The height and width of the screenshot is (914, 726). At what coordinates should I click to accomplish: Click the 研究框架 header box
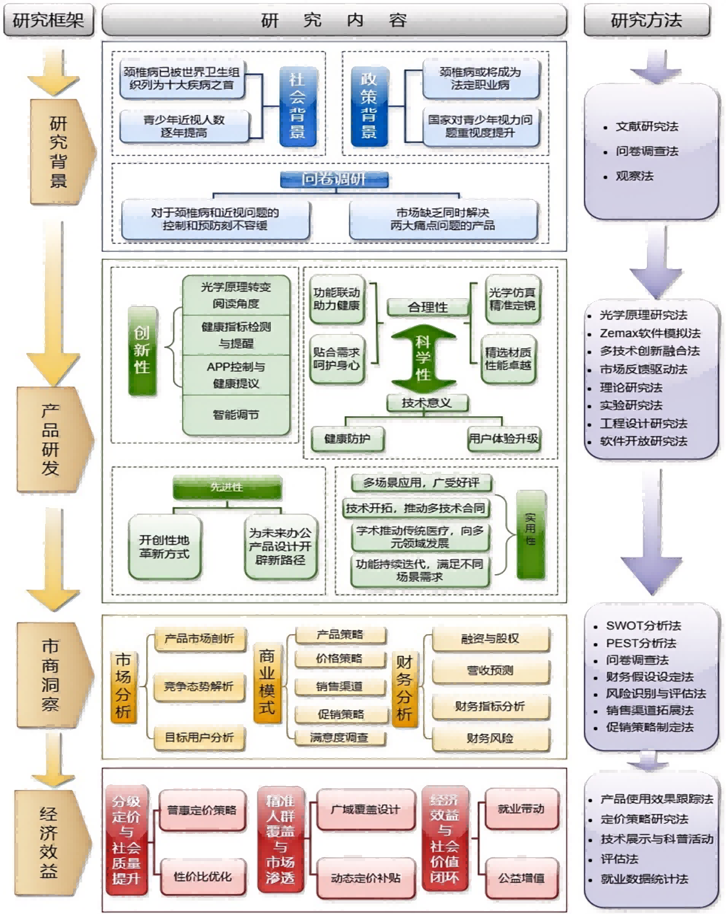48,21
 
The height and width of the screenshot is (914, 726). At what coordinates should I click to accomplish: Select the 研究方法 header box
646,21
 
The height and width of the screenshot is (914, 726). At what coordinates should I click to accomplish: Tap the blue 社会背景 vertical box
298,106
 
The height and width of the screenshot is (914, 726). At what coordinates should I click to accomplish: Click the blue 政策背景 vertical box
369,106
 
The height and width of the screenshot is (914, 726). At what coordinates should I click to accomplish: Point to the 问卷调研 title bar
334,179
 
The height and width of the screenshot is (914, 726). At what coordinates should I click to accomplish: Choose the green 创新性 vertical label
142,351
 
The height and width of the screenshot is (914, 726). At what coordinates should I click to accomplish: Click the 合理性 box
427,307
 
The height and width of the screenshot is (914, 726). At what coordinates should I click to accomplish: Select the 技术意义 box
427,403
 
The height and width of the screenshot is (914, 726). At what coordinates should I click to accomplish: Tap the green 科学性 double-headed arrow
424,358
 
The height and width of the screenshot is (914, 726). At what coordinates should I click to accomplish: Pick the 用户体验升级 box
503,439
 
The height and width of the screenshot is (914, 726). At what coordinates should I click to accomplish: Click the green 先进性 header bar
227,487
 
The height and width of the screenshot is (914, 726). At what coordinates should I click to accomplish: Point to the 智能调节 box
236,415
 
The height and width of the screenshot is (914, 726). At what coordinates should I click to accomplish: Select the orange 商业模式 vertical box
267,682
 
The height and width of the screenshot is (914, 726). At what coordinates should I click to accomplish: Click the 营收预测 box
490,671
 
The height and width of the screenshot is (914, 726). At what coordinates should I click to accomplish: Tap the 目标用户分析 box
199,738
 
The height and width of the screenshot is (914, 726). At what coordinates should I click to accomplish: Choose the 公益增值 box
522,878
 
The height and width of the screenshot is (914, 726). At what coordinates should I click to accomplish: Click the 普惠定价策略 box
202,811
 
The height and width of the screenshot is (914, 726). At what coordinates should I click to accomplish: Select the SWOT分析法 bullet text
643,626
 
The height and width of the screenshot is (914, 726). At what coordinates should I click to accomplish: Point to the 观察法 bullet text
634,176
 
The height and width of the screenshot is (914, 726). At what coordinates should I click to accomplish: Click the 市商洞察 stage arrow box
51,675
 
